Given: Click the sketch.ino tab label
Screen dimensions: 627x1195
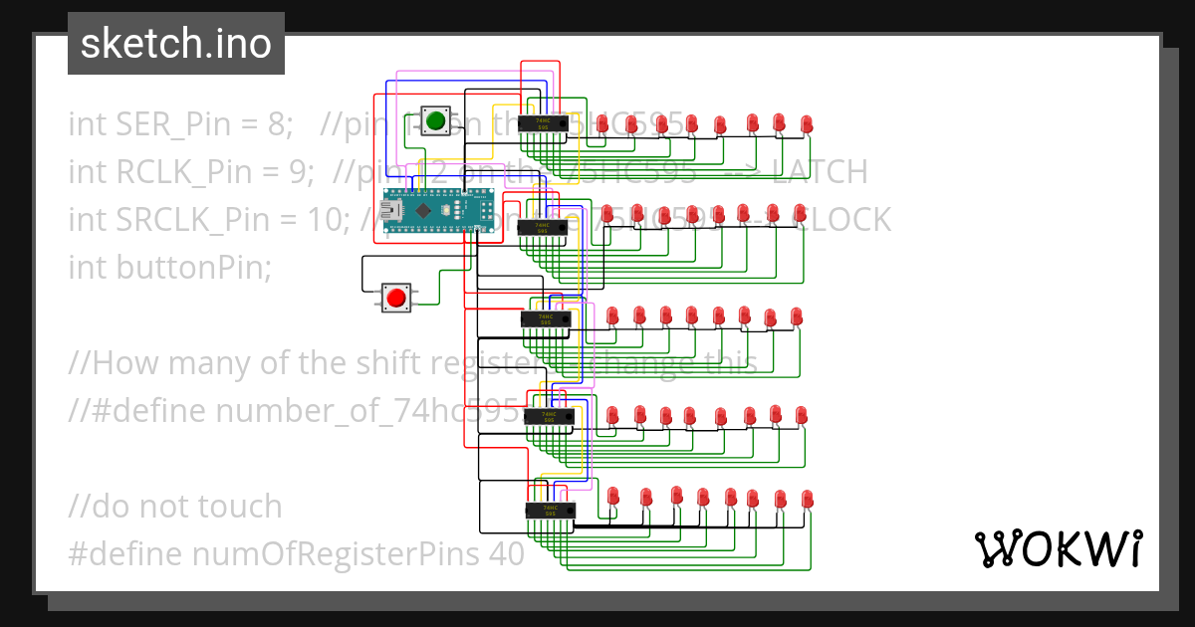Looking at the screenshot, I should [176, 44].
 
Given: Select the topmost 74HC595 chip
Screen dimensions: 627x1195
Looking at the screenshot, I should [544, 122].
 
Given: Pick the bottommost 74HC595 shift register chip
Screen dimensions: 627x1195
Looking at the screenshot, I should [551, 511].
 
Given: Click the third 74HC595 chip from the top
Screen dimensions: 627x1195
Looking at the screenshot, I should [546, 318].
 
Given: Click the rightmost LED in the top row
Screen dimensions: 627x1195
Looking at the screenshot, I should [807, 122].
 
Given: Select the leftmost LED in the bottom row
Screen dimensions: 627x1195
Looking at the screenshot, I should [613, 496].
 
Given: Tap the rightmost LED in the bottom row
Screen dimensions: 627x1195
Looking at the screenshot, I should [807, 498].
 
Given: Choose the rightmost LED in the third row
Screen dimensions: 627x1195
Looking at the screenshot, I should [797, 316].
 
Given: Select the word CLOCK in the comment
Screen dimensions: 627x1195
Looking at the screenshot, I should [842, 220].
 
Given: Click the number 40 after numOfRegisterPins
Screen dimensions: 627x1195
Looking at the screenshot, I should [506, 554].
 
